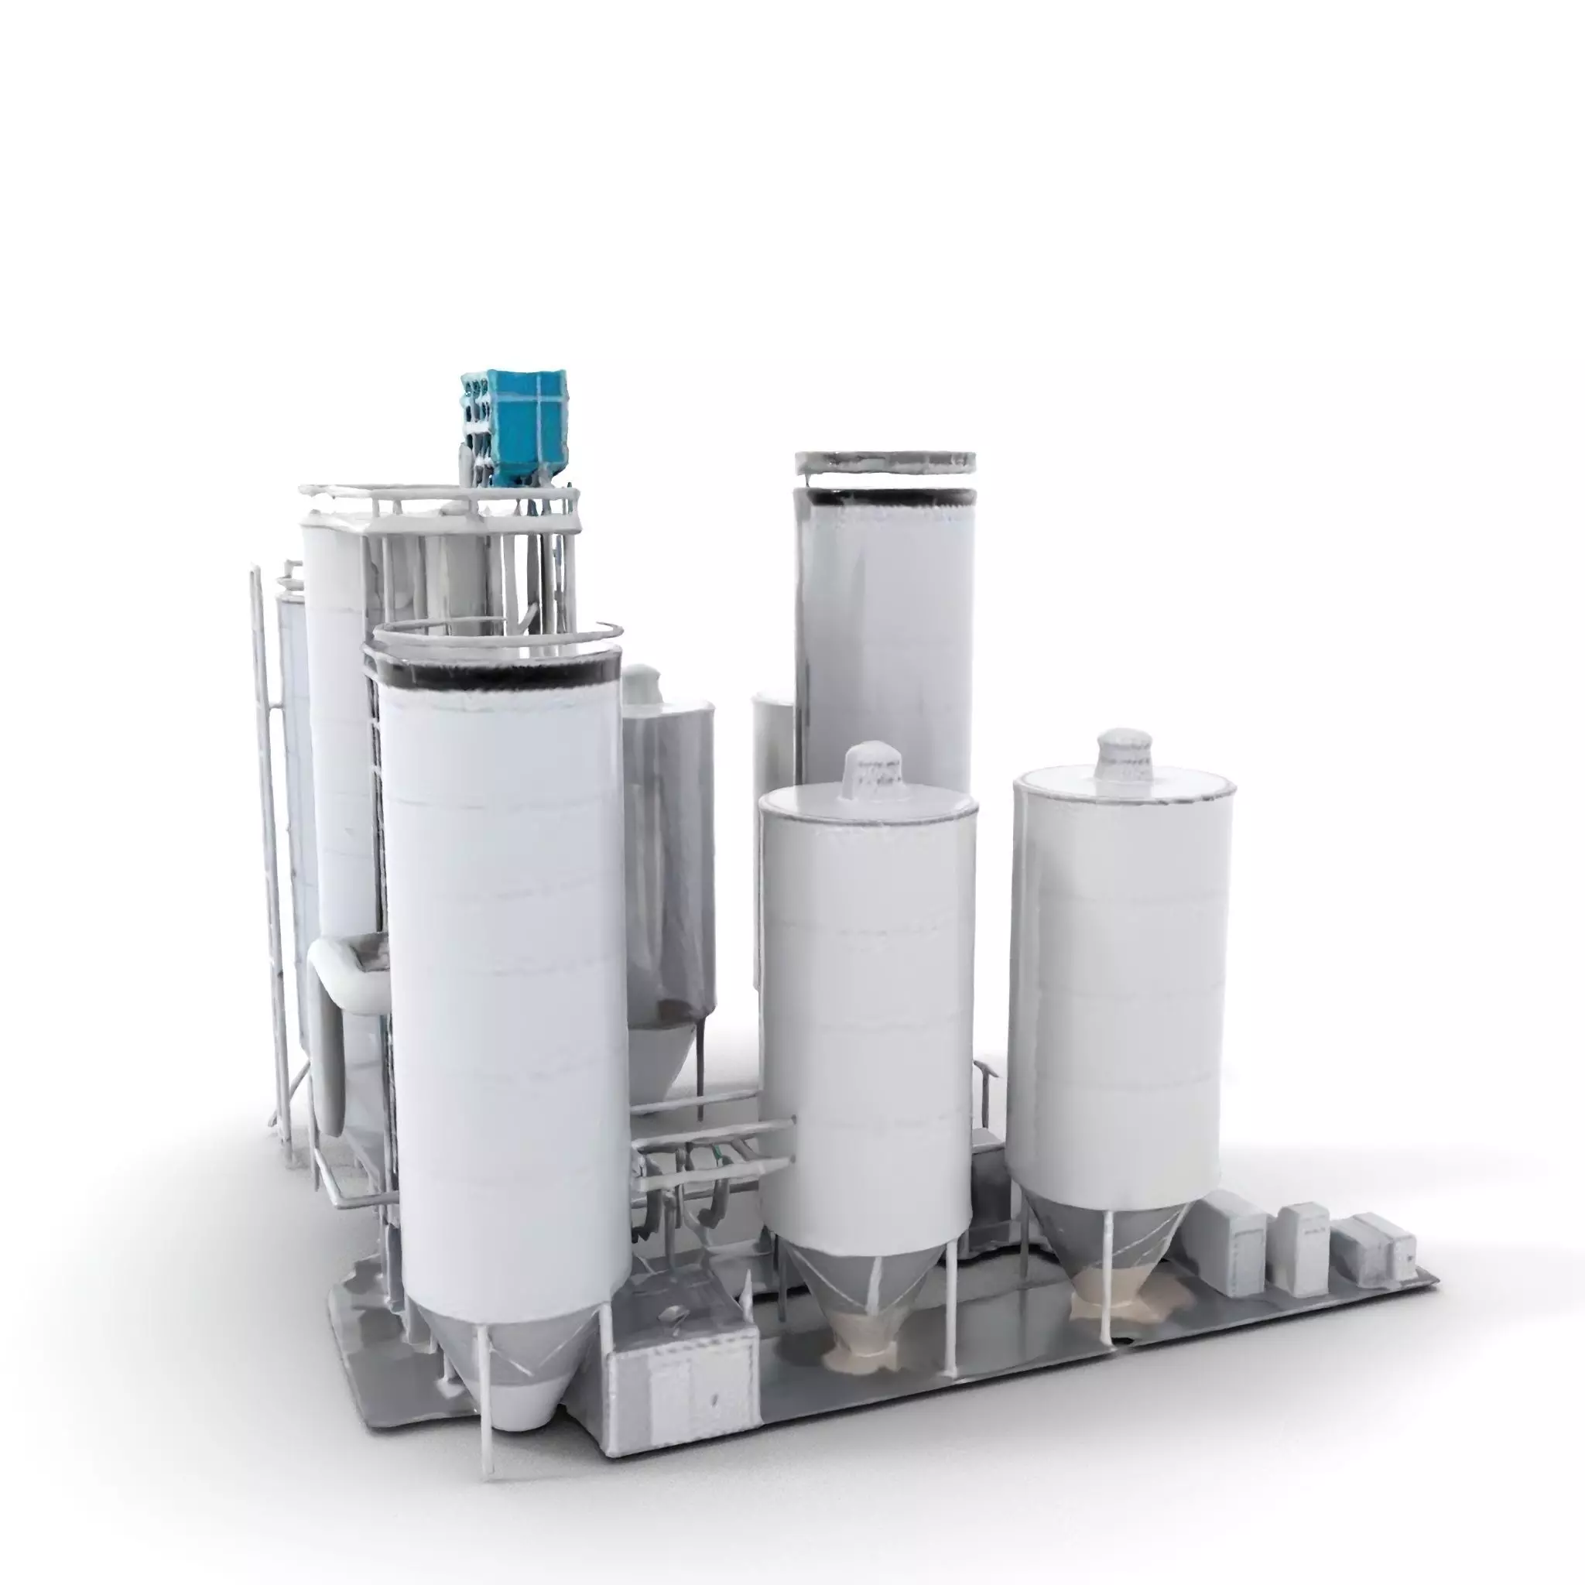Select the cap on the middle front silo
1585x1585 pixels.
pos(874,769)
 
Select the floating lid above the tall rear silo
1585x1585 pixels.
pos(885,460)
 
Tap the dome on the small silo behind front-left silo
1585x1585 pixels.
pos(642,683)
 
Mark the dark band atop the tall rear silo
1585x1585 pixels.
pos(885,497)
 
